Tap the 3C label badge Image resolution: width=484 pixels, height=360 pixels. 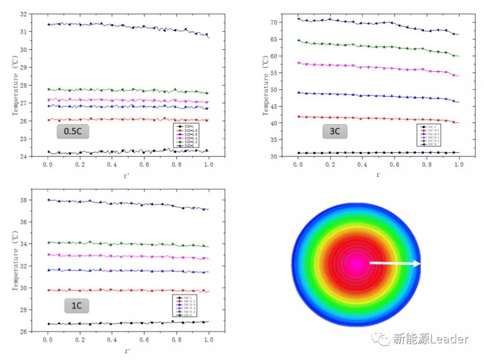coord(334,131)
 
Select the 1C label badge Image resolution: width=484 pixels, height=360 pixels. coord(76,306)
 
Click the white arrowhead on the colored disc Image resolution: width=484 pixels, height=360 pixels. coord(417,264)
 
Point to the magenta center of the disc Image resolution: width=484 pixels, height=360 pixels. coord(357,264)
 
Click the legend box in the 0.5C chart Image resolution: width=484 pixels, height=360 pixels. coord(191,135)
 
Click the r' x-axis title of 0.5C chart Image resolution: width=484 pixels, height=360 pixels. coord(128,176)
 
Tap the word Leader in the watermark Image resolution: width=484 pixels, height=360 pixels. coord(449,339)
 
